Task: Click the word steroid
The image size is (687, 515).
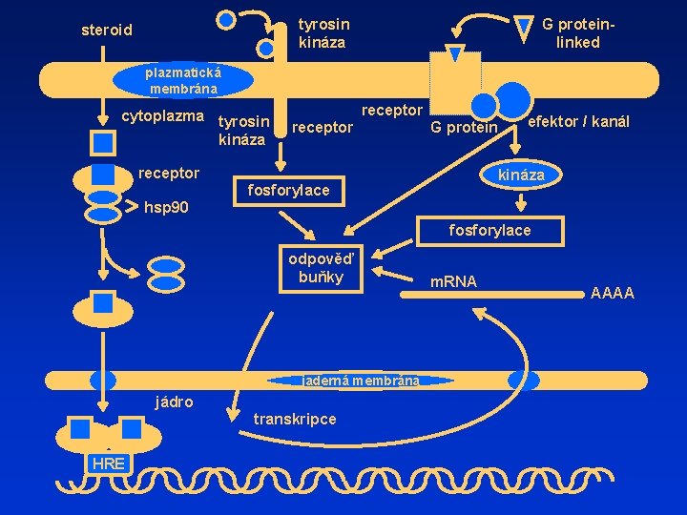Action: click(x=107, y=31)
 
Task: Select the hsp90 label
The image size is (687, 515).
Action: click(x=166, y=207)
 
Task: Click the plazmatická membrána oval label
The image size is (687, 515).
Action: click(x=182, y=81)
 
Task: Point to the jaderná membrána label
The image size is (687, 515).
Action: click(x=361, y=380)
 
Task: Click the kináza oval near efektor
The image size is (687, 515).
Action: click(x=521, y=175)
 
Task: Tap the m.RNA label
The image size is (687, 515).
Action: click(x=454, y=281)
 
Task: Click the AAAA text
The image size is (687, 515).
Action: click(x=613, y=294)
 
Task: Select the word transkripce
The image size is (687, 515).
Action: click(x=295, y=419)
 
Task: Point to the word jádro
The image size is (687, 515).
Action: click(x=175, y=401)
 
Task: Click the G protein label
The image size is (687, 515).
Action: click(x=464, y=128)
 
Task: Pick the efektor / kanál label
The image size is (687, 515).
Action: click(x=578, y=122)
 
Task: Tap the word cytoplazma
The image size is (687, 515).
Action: click(x=163, y=117)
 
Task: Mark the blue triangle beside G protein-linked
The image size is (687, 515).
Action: click(x=524, y=29)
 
